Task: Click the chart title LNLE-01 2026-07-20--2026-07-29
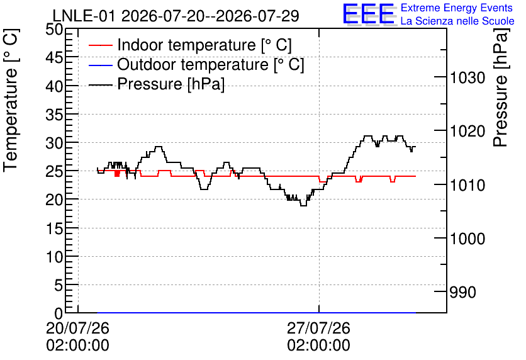tap(176, 16)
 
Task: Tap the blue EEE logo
tap(368, 14)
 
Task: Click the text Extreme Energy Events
tap(457, 8)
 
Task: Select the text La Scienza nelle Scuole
tap(457, 21)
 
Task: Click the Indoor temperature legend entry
tap(190, 45)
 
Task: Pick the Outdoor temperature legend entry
tap(196, 64)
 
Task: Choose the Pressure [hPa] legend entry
tap(156, 84)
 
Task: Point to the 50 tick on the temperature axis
tap(54, 30)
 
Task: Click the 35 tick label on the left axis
tap(54, 115)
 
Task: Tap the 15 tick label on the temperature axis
tap(54, 229)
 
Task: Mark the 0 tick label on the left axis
tap(59, 314)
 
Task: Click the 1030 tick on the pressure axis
tap(467, 78)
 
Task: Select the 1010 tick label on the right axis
tap(467, 185)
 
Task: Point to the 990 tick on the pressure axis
tap(462, 293)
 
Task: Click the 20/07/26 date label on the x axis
tap(77, 328)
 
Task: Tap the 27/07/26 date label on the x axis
tap(318, 328)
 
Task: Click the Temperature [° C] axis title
tap(11, 100)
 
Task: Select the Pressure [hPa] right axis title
tap(501, 87)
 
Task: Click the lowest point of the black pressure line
tap(303, 205)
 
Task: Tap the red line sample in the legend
tap(100, 45)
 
